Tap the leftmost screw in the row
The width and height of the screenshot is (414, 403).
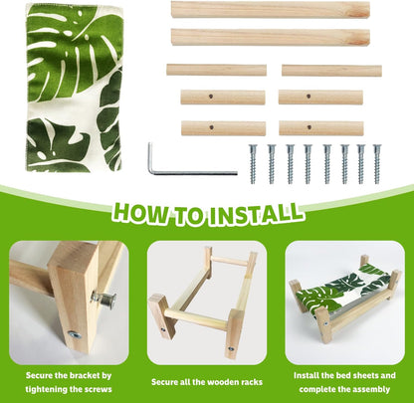pyautogui.click(x=253, y=164)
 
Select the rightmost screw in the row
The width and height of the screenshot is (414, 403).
pyautogui.click(x=377, y=164)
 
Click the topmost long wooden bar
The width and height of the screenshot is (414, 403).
pyautogui.click(x=271, y=10)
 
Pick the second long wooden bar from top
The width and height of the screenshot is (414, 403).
pyautogui.click(x=271, y=37)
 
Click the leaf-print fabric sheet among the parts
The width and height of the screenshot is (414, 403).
pyautogui.click(x=75, y=88)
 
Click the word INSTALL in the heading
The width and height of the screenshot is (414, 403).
pyautogui.click(x=257, y=214)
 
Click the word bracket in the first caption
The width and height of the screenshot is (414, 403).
pyautogui.click(x=85, y=375)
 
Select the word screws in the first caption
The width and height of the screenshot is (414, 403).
pyautogui.click(x=98, y=389)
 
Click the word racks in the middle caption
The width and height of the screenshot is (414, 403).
pyautogui.click(x=250, y=382)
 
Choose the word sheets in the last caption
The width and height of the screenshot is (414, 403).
pyautogui.click(x=364, y=375)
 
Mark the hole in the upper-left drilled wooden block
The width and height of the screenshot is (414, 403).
pyautogui.click(x=211, y=97)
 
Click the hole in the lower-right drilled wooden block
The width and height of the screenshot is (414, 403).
pyautogui.click(x=309, y=127)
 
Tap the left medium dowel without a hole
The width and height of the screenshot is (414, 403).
pyautogui.click(x=216, y=70)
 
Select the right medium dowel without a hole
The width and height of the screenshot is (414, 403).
pyautogui.click(x=331, y=71)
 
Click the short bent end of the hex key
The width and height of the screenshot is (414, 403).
pyautogui.click(x=150, y=156)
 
